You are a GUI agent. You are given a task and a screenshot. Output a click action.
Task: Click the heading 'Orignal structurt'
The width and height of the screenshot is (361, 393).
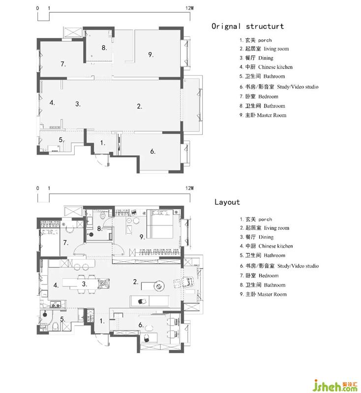(247, 27)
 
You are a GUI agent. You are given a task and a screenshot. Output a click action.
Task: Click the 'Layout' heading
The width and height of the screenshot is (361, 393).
(227, 202)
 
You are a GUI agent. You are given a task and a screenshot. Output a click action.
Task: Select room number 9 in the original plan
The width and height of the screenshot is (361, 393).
(151, 55)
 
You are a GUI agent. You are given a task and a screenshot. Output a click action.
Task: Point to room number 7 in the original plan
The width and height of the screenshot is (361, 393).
(63, 64)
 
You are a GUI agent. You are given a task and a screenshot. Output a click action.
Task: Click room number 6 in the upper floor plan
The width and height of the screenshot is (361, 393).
(153, 151)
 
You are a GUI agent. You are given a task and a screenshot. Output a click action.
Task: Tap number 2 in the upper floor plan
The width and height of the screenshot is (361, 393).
(140, 106)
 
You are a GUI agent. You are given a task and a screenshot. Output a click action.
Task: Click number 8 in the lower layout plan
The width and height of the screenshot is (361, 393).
(100, 228)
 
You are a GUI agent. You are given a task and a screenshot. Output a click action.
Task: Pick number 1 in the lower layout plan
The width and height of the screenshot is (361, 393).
(102, 321)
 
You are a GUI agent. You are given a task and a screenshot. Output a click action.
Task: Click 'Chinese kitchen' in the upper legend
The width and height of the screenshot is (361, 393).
(275, 67)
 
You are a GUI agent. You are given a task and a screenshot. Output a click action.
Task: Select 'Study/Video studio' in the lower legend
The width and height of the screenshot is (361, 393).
(298, 266)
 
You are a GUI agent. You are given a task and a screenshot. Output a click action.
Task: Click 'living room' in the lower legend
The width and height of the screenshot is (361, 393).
(276, 228)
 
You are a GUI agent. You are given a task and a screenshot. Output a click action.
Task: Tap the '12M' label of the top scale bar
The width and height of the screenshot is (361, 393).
(190, 8)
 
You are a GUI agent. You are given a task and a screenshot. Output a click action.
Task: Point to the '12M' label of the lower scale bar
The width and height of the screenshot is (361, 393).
(190, 188)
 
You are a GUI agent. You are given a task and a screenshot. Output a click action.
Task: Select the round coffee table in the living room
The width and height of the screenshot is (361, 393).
(159, 286)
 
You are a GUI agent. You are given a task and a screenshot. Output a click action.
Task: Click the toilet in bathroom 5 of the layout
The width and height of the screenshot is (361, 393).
(56, 326)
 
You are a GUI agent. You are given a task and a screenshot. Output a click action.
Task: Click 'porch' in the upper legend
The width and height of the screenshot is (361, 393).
(265, 40)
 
